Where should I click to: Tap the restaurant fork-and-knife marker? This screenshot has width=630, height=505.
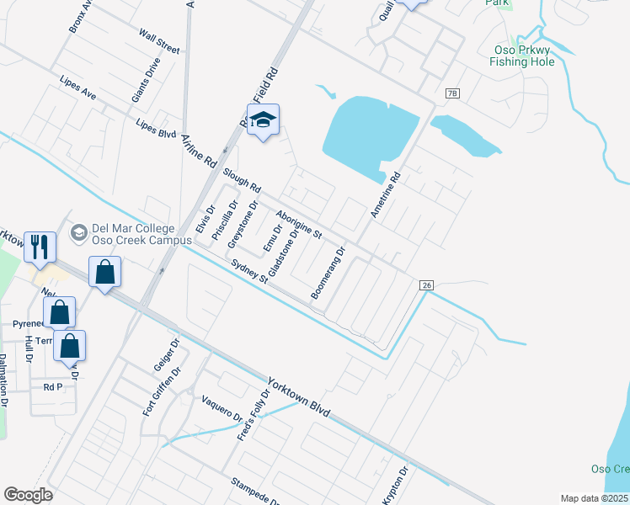click(40, 247)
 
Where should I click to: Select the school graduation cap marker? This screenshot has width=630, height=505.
click(264, 121)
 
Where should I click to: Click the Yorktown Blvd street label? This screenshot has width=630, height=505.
click(298, 396)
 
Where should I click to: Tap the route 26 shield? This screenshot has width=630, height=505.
click(427, 286)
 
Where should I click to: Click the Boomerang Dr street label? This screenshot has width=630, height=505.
click(328, 274)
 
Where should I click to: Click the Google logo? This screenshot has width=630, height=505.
click(28, 495)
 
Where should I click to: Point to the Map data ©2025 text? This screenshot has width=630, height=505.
click(595, 498)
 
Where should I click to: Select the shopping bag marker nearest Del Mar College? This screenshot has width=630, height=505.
click(104, 274)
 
